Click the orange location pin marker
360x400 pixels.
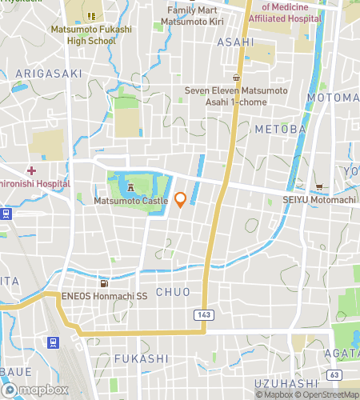(180, 200)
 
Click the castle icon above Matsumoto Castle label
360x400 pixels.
(130, 186)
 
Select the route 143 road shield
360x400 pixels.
(203, 315)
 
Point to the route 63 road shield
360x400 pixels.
(334, 374)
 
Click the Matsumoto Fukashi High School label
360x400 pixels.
(89, 34)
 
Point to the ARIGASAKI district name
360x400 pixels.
(48, 73)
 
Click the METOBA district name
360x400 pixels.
(280, 128)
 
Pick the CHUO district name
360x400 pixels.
(173, 292)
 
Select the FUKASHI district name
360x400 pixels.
(141, 359)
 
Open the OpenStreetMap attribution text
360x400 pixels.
(330, 394)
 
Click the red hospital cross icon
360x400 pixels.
(31, 170)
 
